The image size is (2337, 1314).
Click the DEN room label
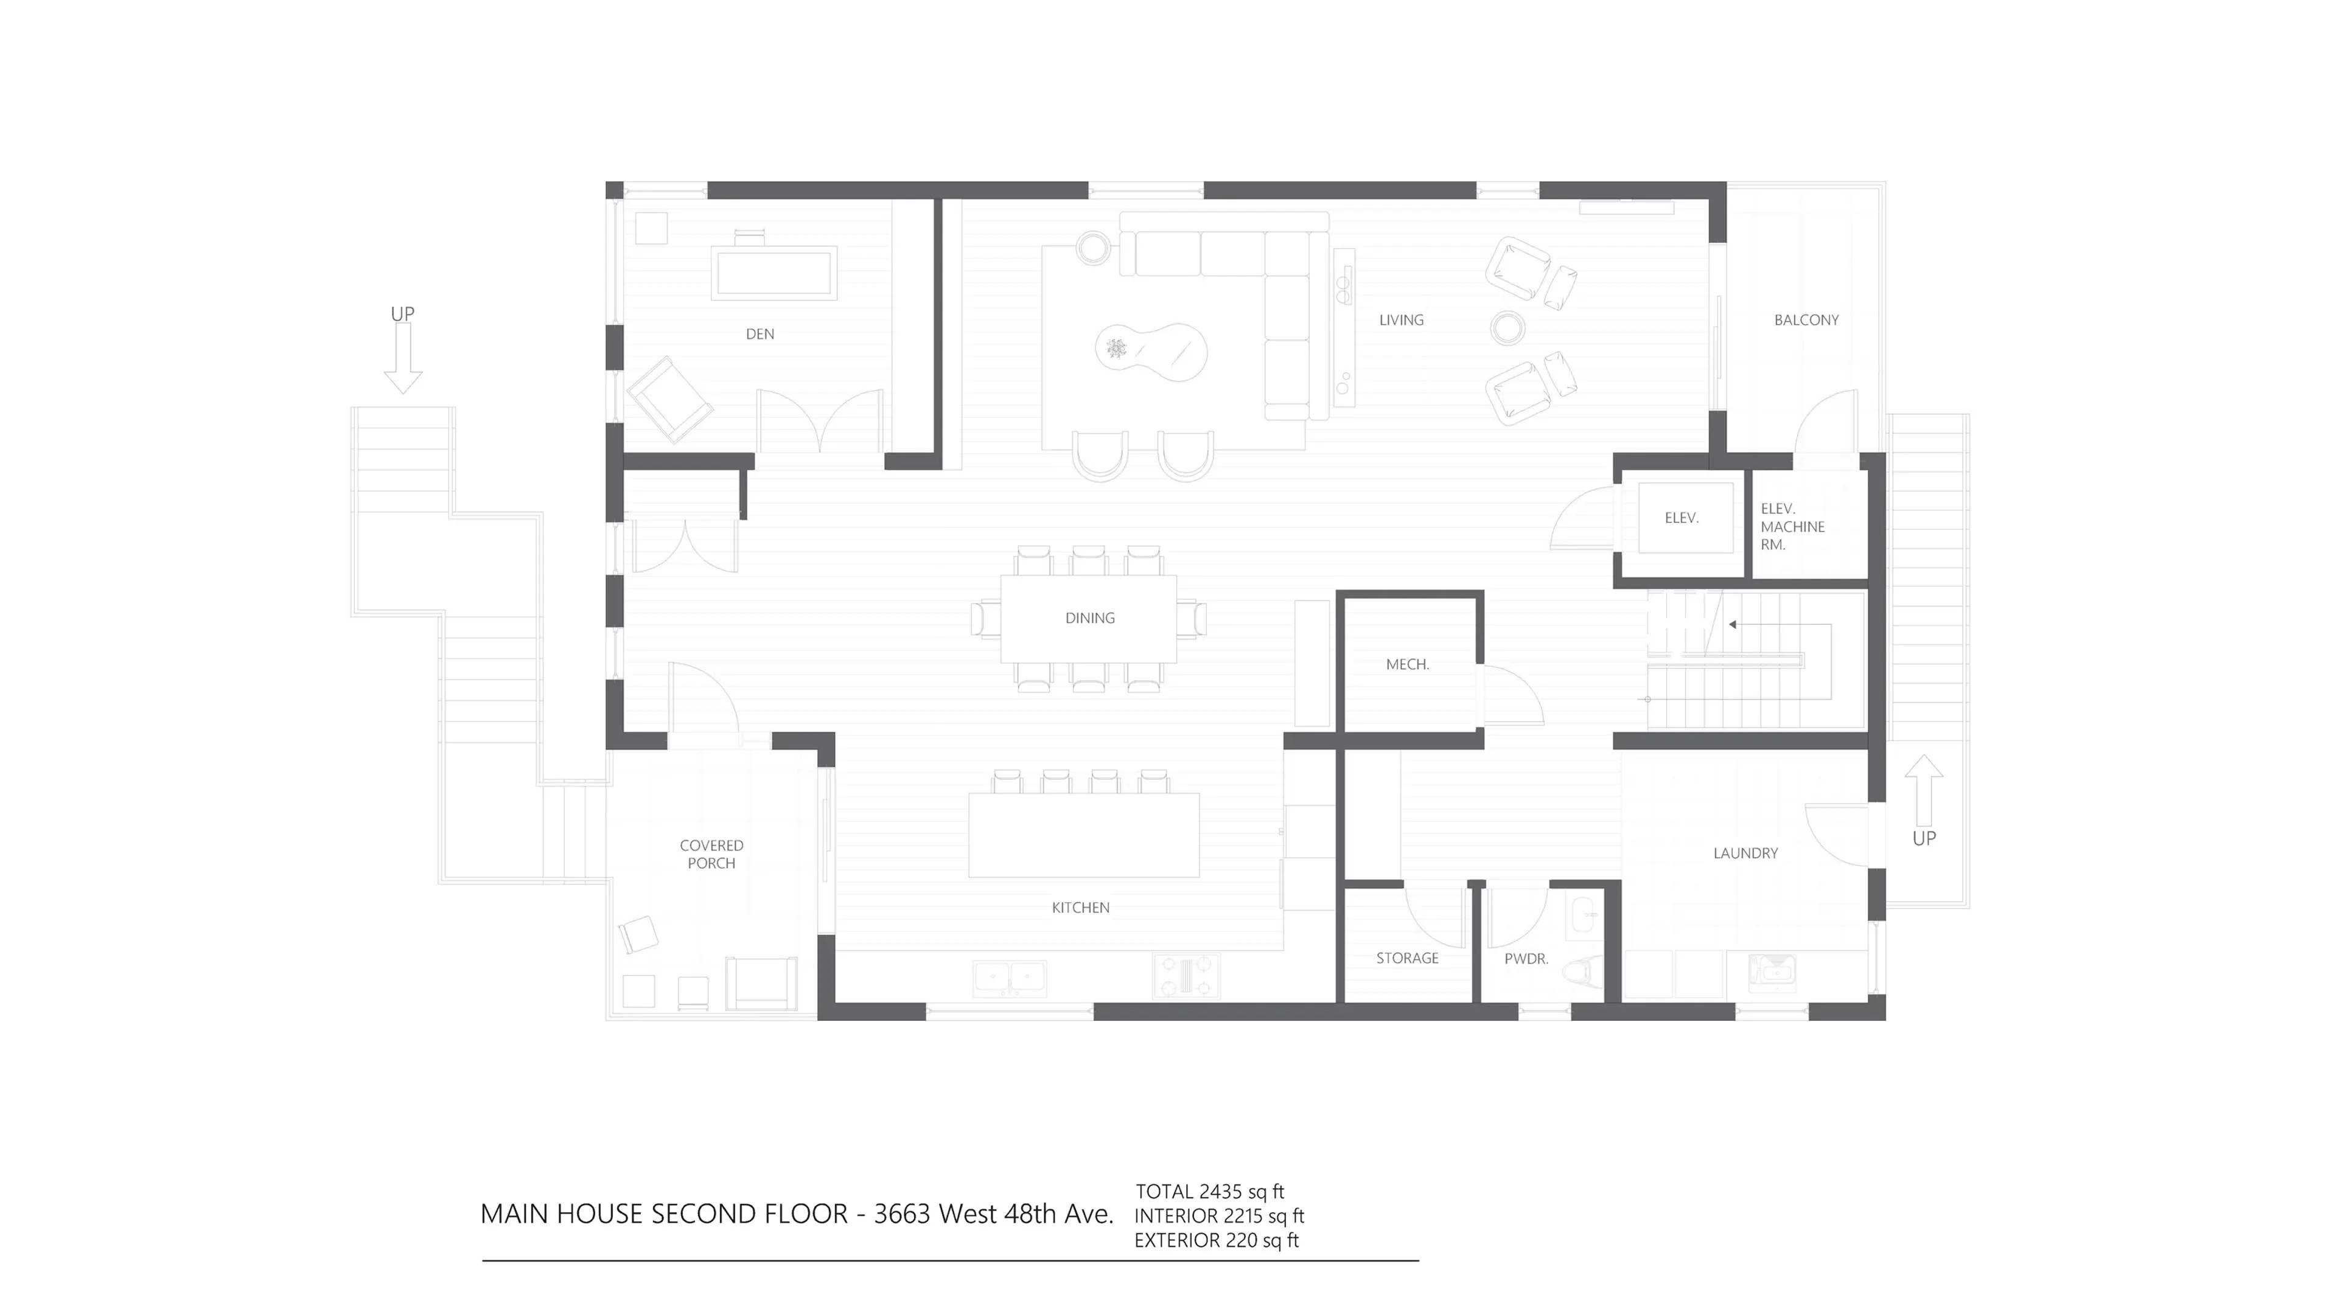pos(760,334)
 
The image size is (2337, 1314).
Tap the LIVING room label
pos(1401,320)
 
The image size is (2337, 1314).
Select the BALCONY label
pos(1805,320)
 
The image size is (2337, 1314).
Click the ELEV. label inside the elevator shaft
pos(1681,518)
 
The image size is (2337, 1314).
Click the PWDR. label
pos(1526,959)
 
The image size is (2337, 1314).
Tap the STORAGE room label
pos(1406,958)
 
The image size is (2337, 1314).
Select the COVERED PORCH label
pos(711,854)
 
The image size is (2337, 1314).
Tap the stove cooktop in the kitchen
pos(1186,976)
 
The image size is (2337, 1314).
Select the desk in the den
pos(774,272)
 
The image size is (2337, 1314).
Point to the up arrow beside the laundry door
pos(1923,789)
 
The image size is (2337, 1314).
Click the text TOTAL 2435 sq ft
pos(1209,1192)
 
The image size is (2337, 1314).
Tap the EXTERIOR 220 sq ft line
pos(1216,1240)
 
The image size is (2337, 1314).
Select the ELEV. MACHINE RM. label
pos(1791,527)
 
